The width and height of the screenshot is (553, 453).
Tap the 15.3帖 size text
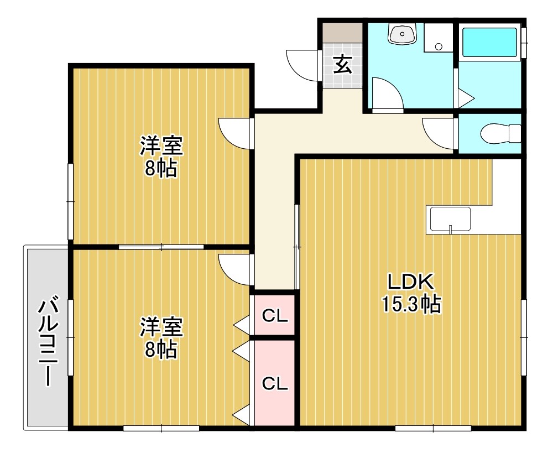coord(411,304)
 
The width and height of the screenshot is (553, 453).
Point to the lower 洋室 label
coord(161,327)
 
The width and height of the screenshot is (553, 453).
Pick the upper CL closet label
coord(275,316)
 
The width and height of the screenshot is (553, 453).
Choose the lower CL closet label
coord(275,383)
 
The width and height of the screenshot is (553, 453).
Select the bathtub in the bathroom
coord(489,43)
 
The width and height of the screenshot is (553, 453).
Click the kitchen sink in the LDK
coord(450,219)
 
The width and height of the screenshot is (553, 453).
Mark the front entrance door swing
coord(303,66)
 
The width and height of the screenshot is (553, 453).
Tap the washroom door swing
coord(388,94)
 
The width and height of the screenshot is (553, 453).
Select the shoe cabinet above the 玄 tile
coord(343,33)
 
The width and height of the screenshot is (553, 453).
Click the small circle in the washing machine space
coord(439,46)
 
